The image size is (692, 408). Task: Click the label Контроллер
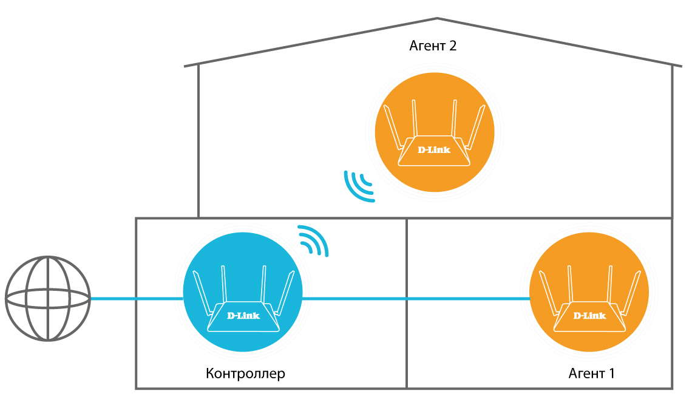(x=245, y=373)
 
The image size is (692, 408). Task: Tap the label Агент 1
(x=591, y=373)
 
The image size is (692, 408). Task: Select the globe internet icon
(x=47, y=298)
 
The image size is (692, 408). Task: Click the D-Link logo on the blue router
(x=243, y=315)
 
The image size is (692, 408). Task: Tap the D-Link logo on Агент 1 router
(x=589, y=315)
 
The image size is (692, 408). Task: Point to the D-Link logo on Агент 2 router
(x=435, y=149)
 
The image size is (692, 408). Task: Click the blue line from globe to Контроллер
(x=137, y=298)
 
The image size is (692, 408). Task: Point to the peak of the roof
(x=437, y=18)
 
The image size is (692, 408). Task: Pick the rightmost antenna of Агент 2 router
(x=477, y=127)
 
